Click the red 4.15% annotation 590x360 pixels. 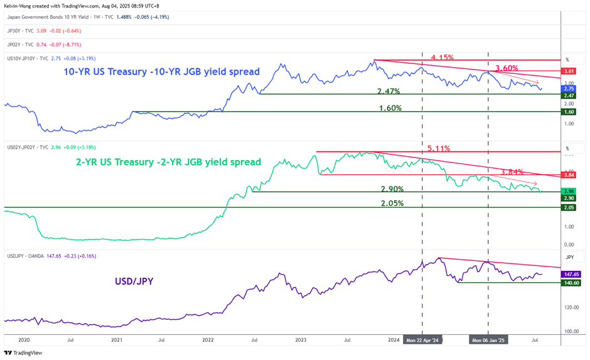click(442, 58)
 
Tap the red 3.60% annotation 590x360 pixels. click(507, 68)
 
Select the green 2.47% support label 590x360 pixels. click(389, 92)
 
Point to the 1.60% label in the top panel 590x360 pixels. click(390, 108)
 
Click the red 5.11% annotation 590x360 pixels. click(439, 149)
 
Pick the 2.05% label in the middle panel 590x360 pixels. click(392, 203)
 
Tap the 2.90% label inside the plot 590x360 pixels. click(392, 189)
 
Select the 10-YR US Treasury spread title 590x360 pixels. click(161, 71)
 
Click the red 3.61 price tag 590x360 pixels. click(569, 71)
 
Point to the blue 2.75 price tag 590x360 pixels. click(569, 88)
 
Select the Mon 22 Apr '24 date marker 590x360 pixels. click(422, 340)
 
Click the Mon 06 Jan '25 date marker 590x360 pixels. click(488, 340)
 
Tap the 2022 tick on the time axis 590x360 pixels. click(208, 340)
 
